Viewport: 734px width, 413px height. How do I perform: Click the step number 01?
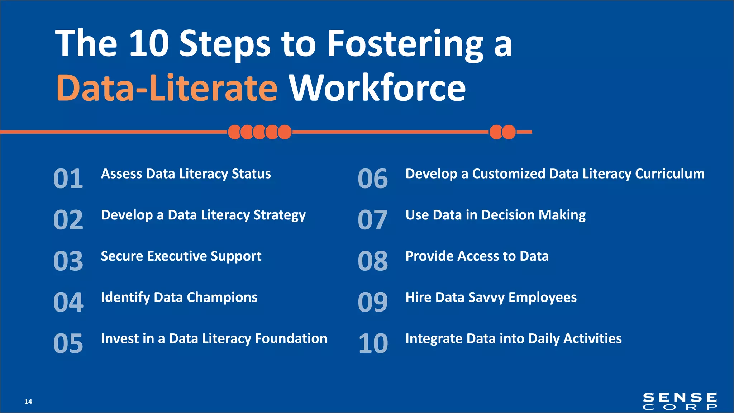pyautogui.click(x=68, y=179)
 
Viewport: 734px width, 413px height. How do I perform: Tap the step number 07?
pyautogui.click(x=372, y=220)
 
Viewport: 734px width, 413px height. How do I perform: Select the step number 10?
pyautogui.click(x=373, y=343)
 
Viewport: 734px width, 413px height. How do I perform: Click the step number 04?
pyautogui.click(x=68, y=302)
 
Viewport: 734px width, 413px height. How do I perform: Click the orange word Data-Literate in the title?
pyautogui.click(x=167, y=88)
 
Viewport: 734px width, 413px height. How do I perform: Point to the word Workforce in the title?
pyautogui.click(x=377, y=88)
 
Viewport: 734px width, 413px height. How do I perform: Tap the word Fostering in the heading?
pyautogui.click(x=405, y=44)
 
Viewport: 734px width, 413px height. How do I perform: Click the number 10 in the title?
pyautogui.click(x=148, y=44)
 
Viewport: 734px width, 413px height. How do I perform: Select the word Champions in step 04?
pyautogui.click(x=222, y=297)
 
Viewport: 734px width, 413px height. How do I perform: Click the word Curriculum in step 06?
pyautogui.click(x=669, y=174)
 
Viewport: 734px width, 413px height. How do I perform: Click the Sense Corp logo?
pyautogui.click(x=680, y=401)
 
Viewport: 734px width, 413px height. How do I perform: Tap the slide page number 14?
pyautogui.click(x=28, y=402)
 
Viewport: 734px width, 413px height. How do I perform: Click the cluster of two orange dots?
pyautogui.click(x=502, y=132)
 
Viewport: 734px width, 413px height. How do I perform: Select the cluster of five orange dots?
pyautogui.click(x=259, y=132)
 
